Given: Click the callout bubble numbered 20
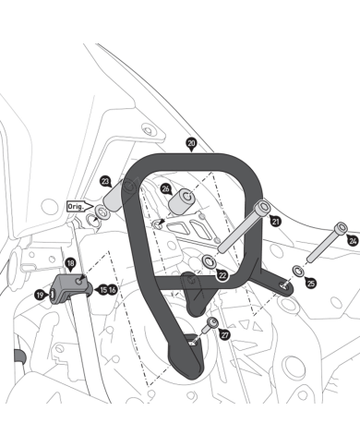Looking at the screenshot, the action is tap(191, 143).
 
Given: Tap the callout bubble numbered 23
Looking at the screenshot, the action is tap(105, 181).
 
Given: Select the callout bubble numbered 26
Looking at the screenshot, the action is tap(166, 188).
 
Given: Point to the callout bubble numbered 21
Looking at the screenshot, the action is tap(276, 221).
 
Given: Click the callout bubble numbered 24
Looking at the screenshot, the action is tap(353, 241).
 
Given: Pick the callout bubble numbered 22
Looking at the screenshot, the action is tap(222, 275).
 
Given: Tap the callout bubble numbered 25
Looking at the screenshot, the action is tap(311, 283).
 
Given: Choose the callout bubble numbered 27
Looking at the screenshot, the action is tap(225, 335).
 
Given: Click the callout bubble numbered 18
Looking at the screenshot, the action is tap(70, 263).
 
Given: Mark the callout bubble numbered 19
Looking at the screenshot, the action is tap(40, 296).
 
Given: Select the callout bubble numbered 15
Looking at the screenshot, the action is tap(103, 290).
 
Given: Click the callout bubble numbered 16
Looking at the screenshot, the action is tap(113, 290).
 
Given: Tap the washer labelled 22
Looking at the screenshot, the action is tap(210, 261).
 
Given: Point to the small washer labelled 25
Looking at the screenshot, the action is tap(298, 271).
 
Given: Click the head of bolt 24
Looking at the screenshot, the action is tap(341, 228).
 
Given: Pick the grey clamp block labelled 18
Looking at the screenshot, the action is tap(71, 288).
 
